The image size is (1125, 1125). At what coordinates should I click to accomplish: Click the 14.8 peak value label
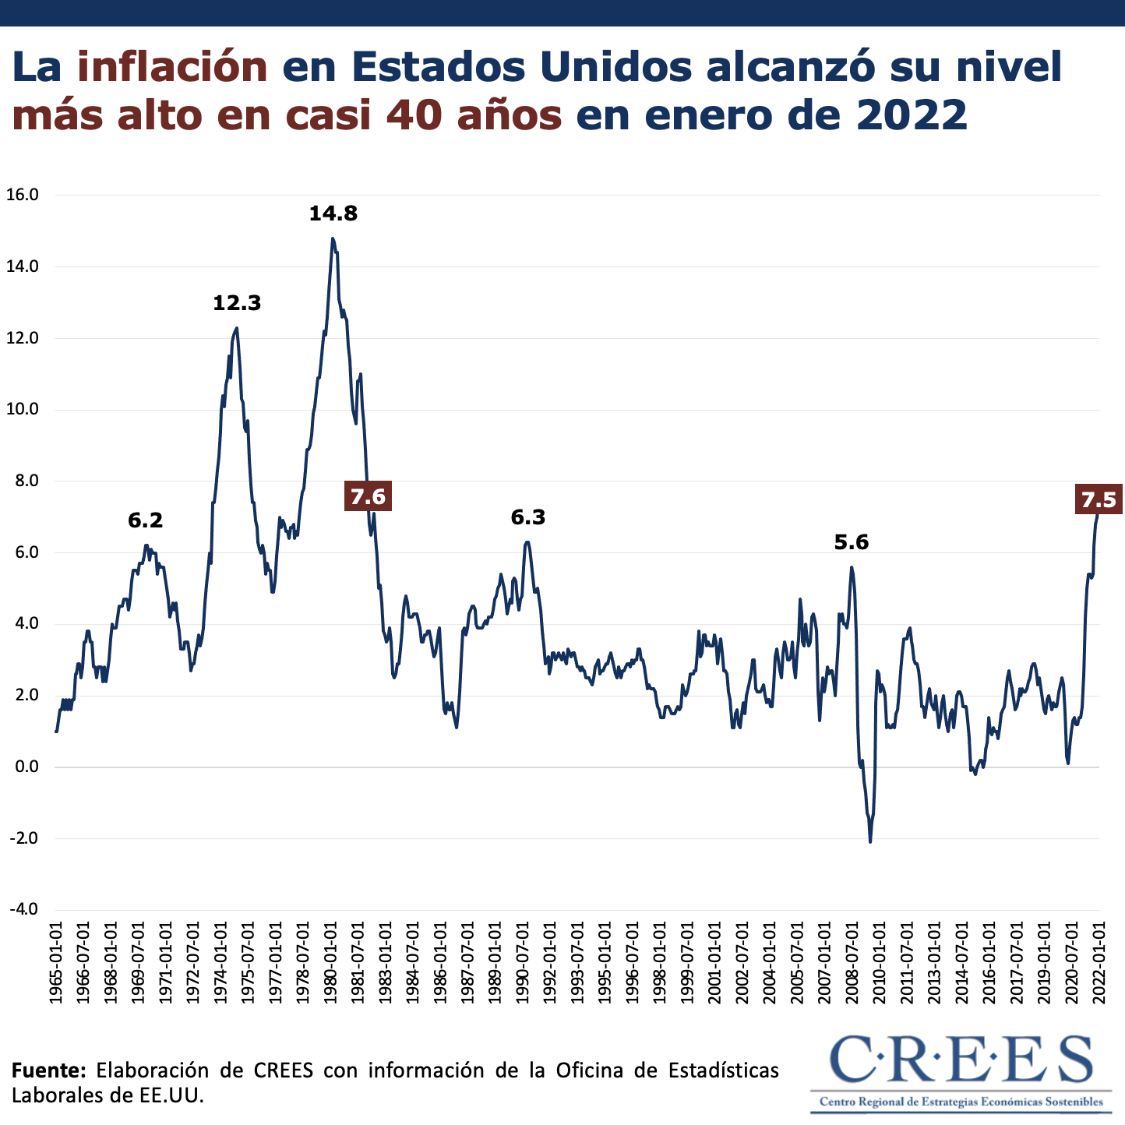point(333,213)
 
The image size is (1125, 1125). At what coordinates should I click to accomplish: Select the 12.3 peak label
point(237,303)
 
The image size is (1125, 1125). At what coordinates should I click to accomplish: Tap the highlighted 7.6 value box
point(368,496)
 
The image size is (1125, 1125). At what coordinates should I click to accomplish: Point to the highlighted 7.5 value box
point(1099,499)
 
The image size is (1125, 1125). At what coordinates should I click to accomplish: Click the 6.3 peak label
point(527,517)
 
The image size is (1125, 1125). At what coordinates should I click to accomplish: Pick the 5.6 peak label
point(851,542)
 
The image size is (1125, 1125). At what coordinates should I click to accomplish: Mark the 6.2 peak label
point(146,520)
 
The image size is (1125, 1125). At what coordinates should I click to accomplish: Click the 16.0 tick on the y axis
point(23,195)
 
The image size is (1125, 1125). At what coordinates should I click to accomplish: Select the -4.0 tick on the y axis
point(23,910)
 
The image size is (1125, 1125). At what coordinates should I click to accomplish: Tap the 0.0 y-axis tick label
point(25,767)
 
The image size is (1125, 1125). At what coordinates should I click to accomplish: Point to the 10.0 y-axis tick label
point(23,410)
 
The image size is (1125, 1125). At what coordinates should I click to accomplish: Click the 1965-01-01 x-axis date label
point(56,963)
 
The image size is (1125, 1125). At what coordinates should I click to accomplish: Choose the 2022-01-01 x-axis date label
point(1099,963)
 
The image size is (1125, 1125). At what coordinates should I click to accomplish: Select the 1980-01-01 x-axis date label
point(330,963)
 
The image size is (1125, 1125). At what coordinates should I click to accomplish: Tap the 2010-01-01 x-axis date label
point(879,963)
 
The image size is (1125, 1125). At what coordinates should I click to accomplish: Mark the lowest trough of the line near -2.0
point(869,841)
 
